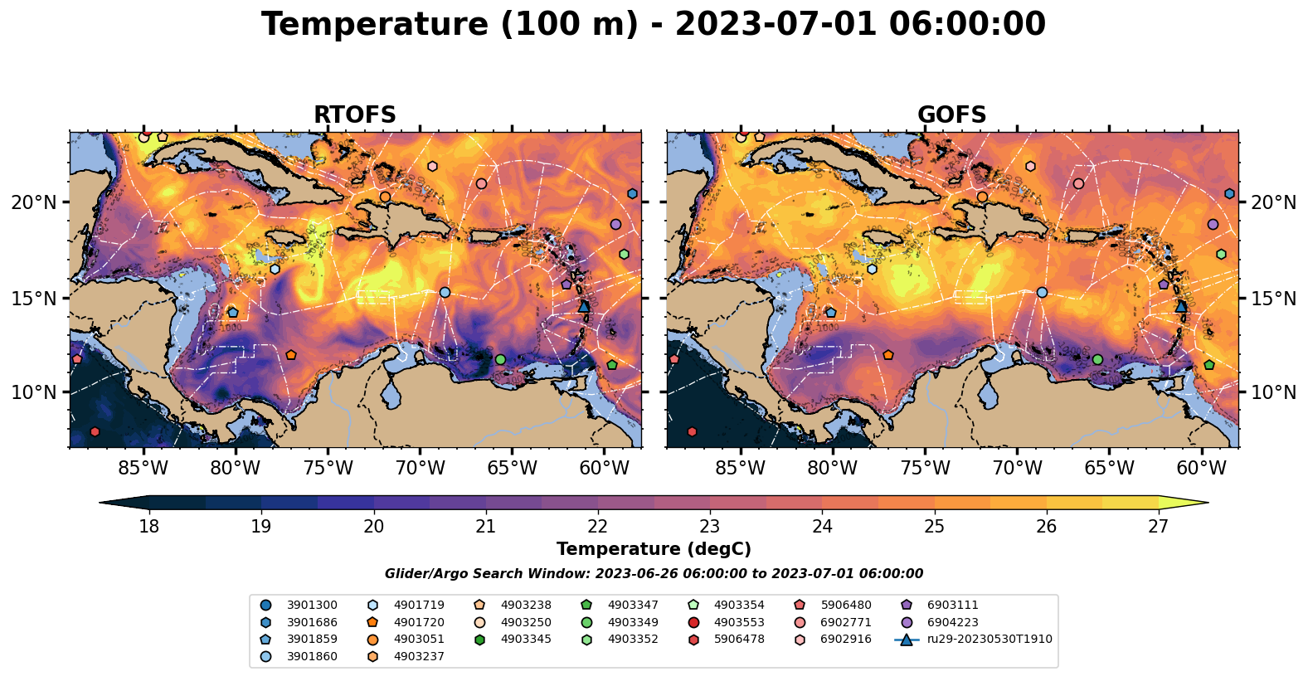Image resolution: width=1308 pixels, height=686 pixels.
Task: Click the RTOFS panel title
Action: click(x=354, y=115)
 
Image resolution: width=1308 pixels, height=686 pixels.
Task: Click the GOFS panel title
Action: click(x=951, y=115)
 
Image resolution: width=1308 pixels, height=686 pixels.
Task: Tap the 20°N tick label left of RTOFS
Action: click(x=34, y=202)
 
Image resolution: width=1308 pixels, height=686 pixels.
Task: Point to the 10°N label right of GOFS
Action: click(x=1273, y=392)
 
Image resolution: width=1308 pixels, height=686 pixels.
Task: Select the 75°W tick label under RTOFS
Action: click(x=328, y=469)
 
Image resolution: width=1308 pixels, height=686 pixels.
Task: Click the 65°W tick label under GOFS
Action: click(x=1109, y=469)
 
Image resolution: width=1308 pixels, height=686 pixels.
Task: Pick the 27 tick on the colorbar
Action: click(x=1158, y=527)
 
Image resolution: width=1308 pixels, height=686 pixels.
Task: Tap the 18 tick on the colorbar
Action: click(x=148, y=527)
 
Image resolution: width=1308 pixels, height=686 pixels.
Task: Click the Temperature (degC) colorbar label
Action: click(x=654, y=549)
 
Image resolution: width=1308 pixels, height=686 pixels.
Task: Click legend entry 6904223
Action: click(x=952, y=622)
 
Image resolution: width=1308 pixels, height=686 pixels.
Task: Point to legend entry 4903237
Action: click(x=418, y=656)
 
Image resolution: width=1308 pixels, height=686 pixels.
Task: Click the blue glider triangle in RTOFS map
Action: click(x=584, y=306)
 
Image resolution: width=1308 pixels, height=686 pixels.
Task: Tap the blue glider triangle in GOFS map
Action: click(x=1181, y=306)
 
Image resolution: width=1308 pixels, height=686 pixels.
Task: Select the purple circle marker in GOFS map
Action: click(x=1213, y=224)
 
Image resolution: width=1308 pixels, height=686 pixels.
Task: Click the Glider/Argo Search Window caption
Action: click(x=654, y=574)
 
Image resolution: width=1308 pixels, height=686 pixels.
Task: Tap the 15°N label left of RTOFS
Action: click(x=34, y=298)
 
